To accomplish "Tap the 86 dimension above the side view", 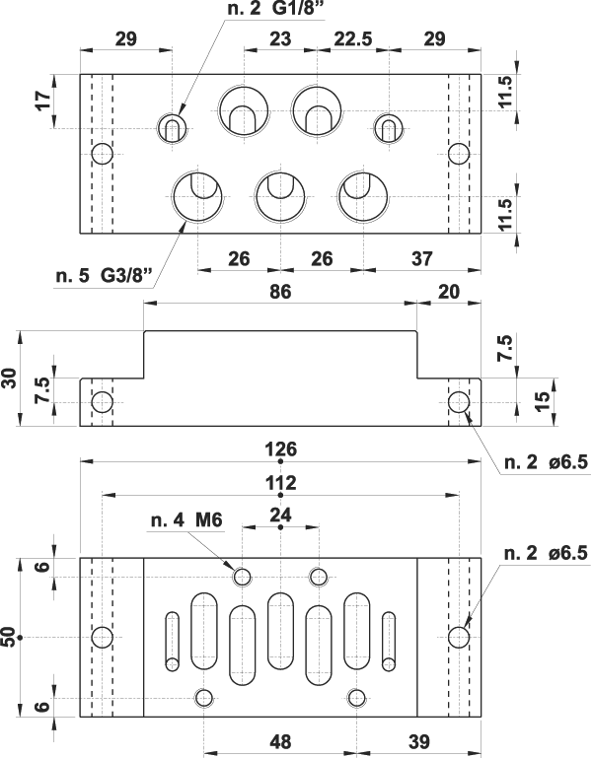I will coord(280,292).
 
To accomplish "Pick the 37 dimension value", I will coord(421,258).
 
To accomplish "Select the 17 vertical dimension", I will coord(39,102).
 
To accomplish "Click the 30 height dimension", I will coord(11,379).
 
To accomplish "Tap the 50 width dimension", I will coord(11,637).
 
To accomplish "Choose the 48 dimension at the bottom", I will coord(279,739).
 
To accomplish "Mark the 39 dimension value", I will coord(419,739).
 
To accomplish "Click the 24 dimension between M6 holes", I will coord(280,515).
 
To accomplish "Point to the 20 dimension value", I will coord(449,292).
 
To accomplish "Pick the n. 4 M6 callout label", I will coord(188,519).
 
